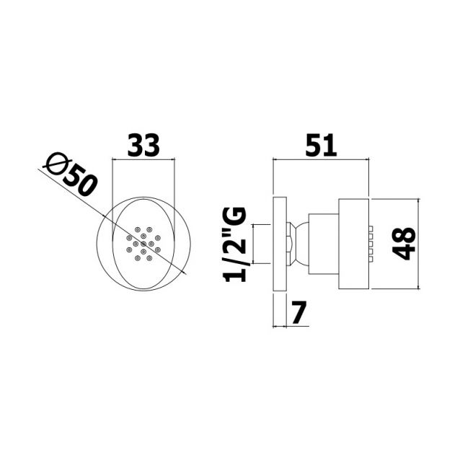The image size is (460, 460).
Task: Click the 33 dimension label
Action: point(143,145)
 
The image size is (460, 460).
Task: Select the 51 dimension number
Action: point(321,145)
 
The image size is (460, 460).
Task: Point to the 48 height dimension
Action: point(404,244)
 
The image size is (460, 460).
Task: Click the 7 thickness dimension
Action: point(299,312)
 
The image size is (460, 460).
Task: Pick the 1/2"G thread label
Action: point(234,244)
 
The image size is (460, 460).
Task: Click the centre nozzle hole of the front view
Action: point(143,244)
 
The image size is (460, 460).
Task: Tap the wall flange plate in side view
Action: point(280,244)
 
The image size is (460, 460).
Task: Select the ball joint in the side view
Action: point(301,244)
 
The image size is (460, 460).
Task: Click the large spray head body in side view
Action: point(354,244)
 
